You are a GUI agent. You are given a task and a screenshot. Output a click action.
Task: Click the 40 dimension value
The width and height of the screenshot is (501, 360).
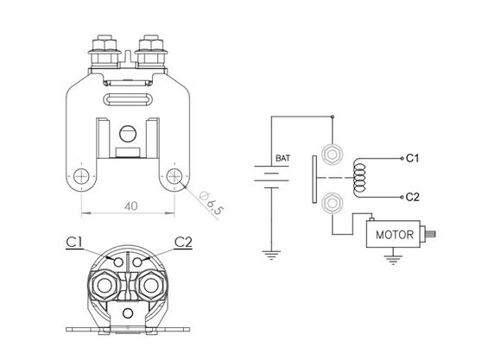click(x=131, y=206)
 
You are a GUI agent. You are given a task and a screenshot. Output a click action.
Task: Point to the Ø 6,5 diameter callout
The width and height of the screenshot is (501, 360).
click(x=212, y=203)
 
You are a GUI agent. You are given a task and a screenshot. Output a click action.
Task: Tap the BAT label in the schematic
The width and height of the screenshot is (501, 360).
click(x=282, y=158)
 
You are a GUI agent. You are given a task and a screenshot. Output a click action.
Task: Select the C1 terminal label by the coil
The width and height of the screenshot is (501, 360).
click(x=412, y=158)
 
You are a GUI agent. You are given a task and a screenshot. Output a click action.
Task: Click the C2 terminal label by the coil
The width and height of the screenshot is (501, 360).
click(x=412, y=197)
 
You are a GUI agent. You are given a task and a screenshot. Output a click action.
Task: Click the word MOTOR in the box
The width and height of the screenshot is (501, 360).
click(x=395, y=235)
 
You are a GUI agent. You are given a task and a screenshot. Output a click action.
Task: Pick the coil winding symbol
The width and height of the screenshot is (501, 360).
click(x=359, y=177)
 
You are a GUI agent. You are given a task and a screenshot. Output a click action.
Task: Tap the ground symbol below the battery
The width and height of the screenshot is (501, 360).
click(x=271, y=255)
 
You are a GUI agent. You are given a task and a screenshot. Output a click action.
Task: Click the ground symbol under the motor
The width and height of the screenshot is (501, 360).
click(x=393, y=260)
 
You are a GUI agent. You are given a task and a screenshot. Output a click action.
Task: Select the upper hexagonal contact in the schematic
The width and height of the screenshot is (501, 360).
click(x=333, y=155)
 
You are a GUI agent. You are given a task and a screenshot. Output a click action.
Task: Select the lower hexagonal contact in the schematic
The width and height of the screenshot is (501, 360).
click(x=333, y=203)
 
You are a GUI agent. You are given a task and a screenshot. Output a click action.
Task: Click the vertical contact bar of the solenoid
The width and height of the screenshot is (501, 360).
click(x=314, y=179)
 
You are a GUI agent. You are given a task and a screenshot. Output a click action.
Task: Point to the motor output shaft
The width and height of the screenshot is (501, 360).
click(x=430, y=235)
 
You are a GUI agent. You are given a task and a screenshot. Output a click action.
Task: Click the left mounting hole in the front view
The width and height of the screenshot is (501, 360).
click(x=81, y=176)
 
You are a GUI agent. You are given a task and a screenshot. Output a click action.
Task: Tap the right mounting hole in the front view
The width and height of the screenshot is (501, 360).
click(x=174, y=176)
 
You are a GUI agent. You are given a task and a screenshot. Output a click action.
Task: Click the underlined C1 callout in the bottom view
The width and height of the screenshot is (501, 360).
click(x=74, y=243)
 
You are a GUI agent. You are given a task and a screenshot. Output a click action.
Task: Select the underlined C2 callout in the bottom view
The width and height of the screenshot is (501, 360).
click(x=183, y=243)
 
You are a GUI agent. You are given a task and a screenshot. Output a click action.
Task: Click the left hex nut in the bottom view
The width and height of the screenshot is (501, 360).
click(x=105, y=285)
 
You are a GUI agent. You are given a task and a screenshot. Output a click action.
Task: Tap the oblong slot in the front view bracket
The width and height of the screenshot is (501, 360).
click(x=128, y=98)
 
